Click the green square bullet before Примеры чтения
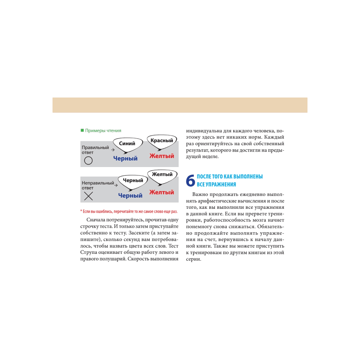click(x=82, y=131)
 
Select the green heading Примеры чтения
click(x=103, y=131)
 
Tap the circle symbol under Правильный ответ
click(x=88, y=161)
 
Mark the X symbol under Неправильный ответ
click(x=88, y=196)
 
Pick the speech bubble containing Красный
click(x=162, y=140)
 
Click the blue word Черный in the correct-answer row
click(x=125, y=158)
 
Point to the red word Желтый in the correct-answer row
click(x=162, y=156)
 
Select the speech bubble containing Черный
click(x=133, y=181)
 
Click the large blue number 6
click(x=190, y=181)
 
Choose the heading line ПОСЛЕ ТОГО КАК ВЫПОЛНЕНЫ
click(x=230, y=177)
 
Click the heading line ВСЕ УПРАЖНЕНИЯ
click(x=216, y=185)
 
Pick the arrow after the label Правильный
click(x=112, y=149)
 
